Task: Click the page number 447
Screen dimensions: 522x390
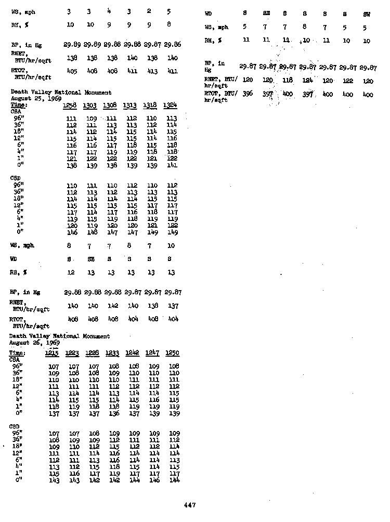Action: click(x=189, y=504)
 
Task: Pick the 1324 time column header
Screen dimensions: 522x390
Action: click(x=172, y=106)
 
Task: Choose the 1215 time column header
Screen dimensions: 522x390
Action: click(x=53, y=354)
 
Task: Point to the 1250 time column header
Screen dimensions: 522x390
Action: click(x=172, y=354)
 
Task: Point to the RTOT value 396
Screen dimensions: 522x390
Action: click(x=248, y=95)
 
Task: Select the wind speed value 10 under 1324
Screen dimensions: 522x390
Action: click(x=172, y=246)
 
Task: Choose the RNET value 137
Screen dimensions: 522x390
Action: click(x=173, y=306)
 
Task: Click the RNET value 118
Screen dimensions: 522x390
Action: click(x=287, y=81)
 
